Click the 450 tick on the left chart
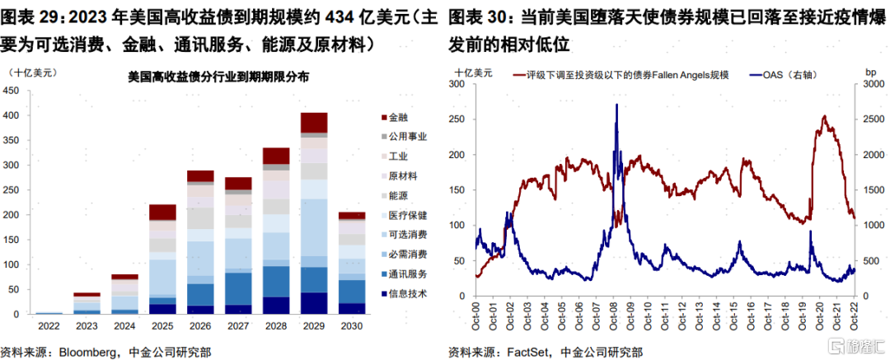tap(13, 91)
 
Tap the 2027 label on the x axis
tap(238, 325)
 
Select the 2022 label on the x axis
tap(49, 325)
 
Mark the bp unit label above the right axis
tap(870, 73)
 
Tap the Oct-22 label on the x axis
tap(852, 316)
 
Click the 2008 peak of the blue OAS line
tap(616, 105)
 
